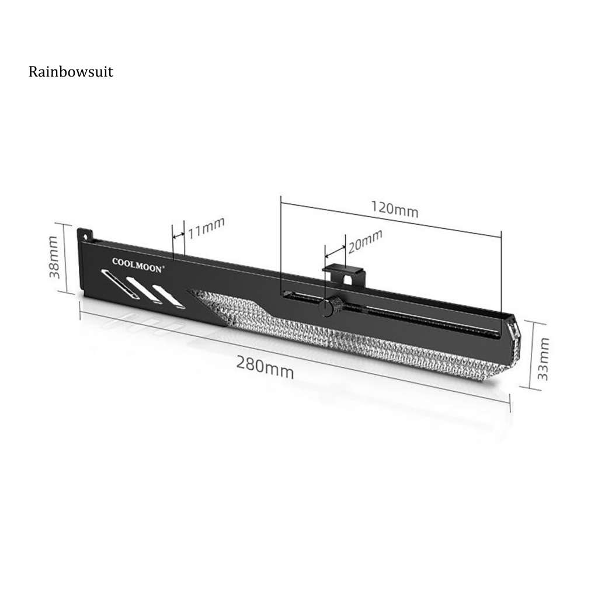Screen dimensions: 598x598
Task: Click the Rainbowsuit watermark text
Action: pyautogui.click(x=71, y=72)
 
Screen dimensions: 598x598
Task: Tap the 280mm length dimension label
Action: pyautogui.click(x=265, y=367)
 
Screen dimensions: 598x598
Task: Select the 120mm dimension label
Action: pyautogui.click(x=395, y=209)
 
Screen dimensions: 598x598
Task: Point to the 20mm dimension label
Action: pyautogui.click(x=364, y=241)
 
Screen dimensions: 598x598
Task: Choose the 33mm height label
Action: pyautogui.click(x=543, y=359)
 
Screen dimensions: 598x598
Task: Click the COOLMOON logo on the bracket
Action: pyautogui.click(x=138, y=265)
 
